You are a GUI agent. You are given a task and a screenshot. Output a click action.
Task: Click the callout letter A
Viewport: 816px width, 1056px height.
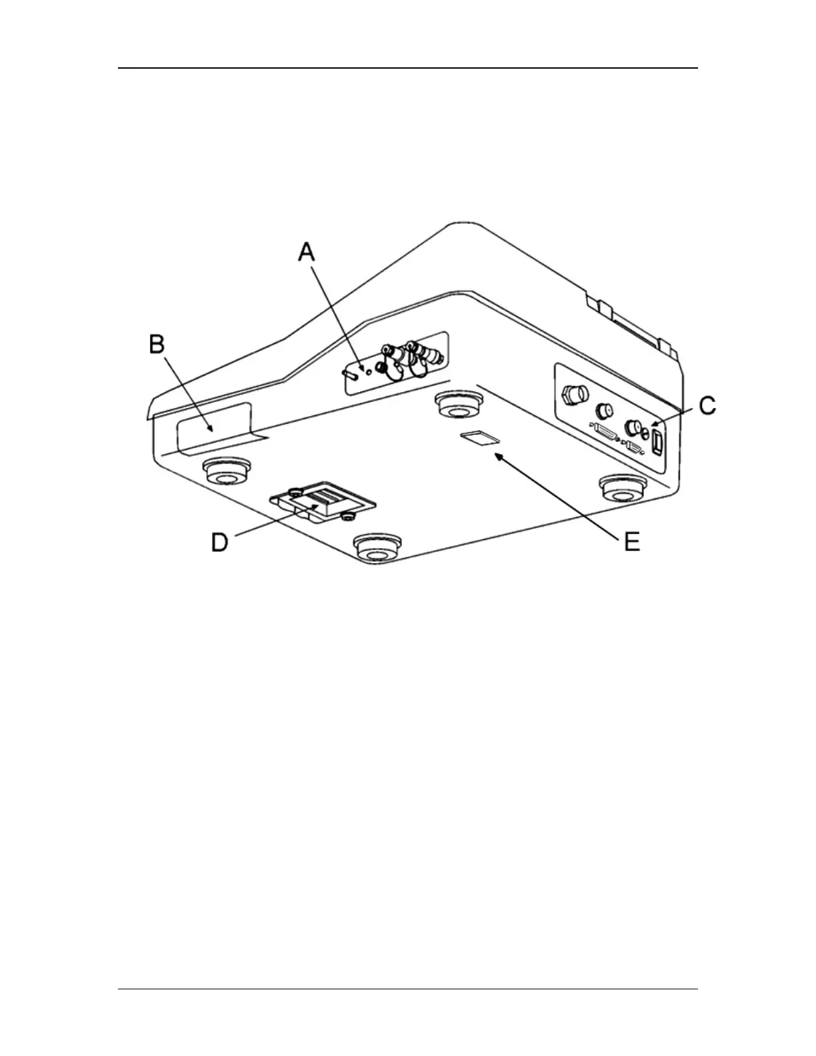[306, 253]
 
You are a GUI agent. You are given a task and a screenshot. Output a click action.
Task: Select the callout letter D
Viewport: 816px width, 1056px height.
[220, 541]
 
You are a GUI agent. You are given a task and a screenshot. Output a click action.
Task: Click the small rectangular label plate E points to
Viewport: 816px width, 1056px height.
[481, 437]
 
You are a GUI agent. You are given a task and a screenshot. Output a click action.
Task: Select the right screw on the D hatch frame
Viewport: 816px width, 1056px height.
[346, 517]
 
